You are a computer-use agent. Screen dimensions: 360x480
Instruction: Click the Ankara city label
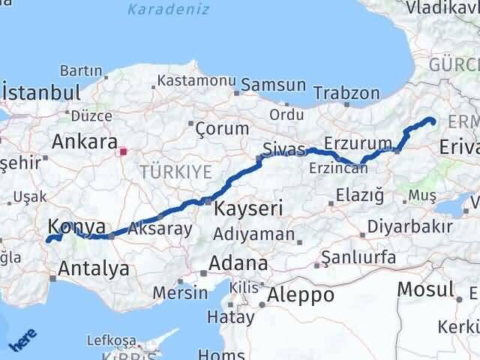[x=85, y=142]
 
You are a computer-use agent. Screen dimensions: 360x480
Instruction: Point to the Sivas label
[x=285, y=148]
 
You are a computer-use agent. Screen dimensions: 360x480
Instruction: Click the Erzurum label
[x=358, y=142]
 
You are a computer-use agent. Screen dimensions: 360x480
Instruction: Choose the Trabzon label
[x=346, y=93]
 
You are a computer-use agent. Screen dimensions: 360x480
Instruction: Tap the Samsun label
[x=273, y=85]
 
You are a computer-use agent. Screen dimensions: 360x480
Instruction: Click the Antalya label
[x=94, y=268]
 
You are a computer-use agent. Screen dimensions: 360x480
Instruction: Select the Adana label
[x=239, y=263]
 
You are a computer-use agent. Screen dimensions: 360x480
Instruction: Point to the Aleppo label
[x=301, y=294]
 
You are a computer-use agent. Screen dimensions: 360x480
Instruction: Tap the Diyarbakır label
[x=415, y=227]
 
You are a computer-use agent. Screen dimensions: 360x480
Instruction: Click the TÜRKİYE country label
[x=175, y=172]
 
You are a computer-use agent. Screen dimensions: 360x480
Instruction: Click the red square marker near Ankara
[x=124, y=151]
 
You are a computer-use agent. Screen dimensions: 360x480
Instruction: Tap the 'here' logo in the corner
[x=22, y=341]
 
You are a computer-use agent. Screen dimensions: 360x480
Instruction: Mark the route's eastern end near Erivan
[x=433, y=121]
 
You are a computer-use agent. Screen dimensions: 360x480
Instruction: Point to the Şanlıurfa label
[x=358, y=257]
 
